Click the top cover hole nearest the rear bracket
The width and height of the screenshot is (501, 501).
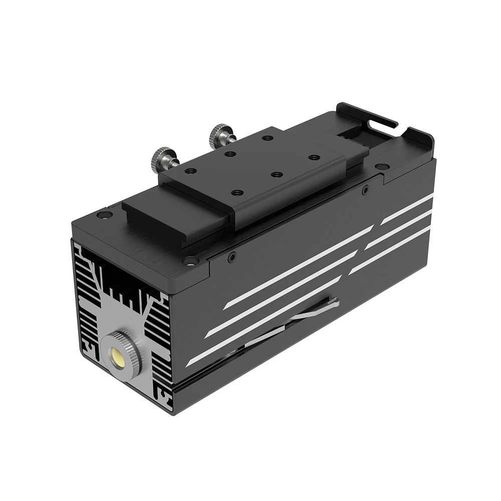pyautogui.click(x=382, y=166)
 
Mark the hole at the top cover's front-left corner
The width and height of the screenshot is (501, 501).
pyautogui.click(x=104, y=215)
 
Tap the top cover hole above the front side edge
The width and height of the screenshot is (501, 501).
pyautogui.click(x=190, y=260)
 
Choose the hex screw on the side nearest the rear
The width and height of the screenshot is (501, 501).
pyautogui.click(x=366, y=189)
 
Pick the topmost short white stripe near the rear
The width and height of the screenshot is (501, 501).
pyautogui.click(x=407, y=209)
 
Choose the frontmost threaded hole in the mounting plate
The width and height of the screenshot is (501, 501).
pyautogui.click(x=237, y=192)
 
